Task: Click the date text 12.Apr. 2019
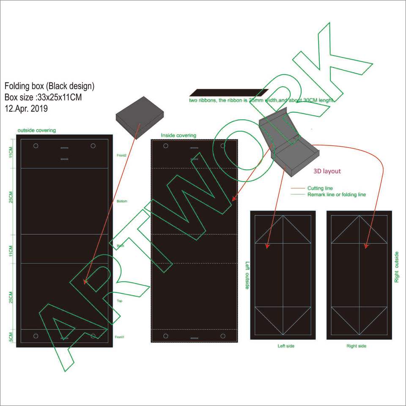26,108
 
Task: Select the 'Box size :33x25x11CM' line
43,97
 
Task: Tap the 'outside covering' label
36,130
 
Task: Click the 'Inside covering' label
178,135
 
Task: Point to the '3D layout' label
327,171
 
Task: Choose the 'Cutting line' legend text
320,188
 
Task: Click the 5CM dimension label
11,337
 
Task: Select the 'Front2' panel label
122,156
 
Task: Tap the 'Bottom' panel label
122,201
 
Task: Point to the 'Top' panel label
120,301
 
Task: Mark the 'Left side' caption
286,346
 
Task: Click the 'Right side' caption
357,346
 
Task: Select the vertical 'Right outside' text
397,267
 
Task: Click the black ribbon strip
228,93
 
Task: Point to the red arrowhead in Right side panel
366,246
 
